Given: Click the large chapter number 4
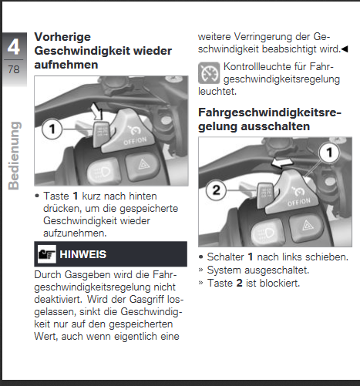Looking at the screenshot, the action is click(x=13, y=46).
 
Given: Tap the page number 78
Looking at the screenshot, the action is click(x=14, y=69).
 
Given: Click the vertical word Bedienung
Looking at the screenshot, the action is click(x=14, y=156).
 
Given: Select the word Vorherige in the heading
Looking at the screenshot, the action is click(x=62, y=37).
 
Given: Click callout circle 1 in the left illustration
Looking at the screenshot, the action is click(x=52, y=129).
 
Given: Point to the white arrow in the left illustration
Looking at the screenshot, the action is click(x=97, y=112).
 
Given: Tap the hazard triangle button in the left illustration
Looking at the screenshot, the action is click(x=142, y=166).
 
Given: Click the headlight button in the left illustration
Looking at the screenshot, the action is click(x=103, y=170).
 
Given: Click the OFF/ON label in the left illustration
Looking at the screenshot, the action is click(x=135, y=141).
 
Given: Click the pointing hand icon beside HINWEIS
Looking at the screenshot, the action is click(x=47, y=254).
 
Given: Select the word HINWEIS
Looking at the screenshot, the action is click(x=82, y=254).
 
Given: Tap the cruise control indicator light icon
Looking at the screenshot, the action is click(x=209, y=73).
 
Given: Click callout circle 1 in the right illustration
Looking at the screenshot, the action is click(x=329, y=153).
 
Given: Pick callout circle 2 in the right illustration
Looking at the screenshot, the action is click(x=216, y=190).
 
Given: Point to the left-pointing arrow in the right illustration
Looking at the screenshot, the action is click(x=282, y=163).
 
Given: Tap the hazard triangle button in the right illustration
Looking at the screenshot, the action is click(x=306, y=227).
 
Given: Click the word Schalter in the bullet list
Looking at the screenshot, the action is click(x=226, y=257).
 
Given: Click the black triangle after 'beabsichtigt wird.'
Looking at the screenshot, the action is click(x=345, y=49).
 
